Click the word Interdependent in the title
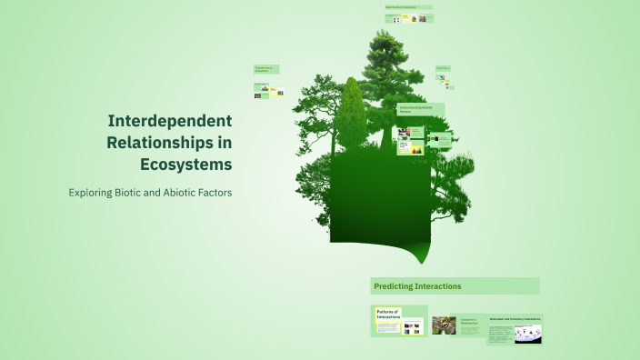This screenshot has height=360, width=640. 170,120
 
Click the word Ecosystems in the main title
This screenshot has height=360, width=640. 185,164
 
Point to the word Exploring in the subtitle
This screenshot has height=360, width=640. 94,193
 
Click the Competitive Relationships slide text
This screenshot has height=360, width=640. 471,322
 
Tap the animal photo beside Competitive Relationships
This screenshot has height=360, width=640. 444,325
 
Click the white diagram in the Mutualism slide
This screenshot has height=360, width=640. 527,334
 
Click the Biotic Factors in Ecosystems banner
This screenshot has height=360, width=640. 407,7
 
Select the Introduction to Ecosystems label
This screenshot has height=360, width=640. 266,69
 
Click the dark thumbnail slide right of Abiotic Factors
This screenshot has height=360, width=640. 441,140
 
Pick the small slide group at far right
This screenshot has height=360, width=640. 444,77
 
